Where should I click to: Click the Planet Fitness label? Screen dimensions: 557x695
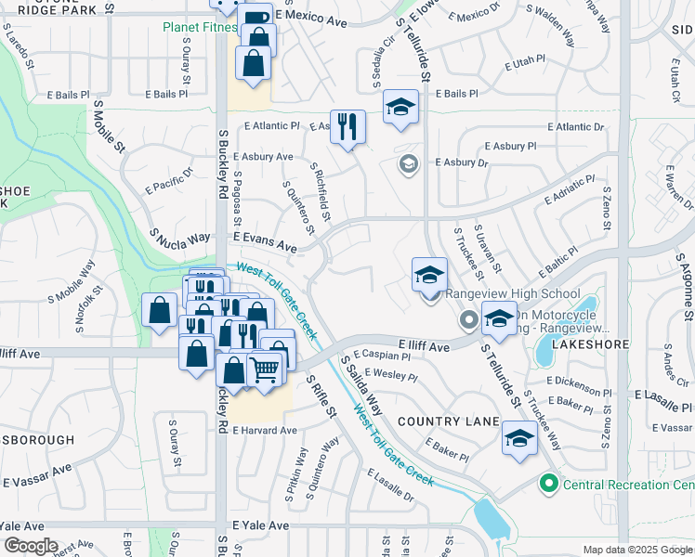(x=200, y=27)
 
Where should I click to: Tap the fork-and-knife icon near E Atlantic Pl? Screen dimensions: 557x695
(x=347, y=126)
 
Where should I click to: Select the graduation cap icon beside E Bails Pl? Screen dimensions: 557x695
(x=400, y=107)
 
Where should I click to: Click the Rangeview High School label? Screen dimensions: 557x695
(x=502, y=294)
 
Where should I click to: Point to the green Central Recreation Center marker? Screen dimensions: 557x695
(x=549, y=484)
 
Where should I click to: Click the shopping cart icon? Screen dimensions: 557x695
(x=265, y=369)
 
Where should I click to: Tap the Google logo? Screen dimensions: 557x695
(x=31, y=545)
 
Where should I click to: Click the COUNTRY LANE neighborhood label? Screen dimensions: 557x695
(x=449, y=421)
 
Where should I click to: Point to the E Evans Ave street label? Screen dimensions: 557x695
(x=265, y=243)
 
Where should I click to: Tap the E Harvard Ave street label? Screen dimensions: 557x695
(x=265, y=431)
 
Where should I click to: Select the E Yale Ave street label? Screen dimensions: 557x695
(x=261, y=525)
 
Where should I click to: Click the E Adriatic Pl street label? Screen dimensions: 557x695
(x=569, y=189)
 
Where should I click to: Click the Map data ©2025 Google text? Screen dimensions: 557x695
(x=636, y=550)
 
